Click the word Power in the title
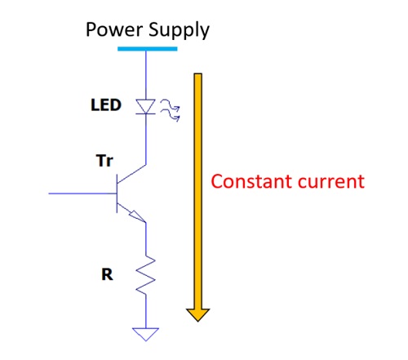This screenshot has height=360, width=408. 114,30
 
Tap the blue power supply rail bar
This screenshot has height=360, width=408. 147,48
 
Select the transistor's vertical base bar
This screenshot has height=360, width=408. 115,194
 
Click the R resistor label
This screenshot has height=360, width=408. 107,275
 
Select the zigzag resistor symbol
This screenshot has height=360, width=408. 145,276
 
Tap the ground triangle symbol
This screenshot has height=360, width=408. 145,332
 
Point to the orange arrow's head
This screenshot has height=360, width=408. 197,314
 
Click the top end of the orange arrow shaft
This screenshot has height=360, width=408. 197,77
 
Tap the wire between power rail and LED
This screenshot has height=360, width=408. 145,73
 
